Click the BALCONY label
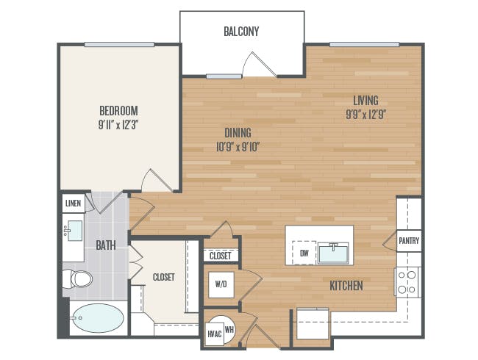click(x=241, y=32)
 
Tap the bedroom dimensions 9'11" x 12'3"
click(x=118, y=125)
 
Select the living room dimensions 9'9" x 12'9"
click(x=366, y=115)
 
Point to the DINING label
click(x=238, y=133)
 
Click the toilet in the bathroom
click(x=77, y=278)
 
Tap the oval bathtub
click(x=98, y=318)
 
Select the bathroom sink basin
click(x=75, y=231)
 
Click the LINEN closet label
click(x=73, y=204)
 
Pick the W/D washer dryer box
click(x=221, y=285)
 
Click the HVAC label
click(x=215, y=334)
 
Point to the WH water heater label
click(x=229, y=329)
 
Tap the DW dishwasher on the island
click(x=304, y=253)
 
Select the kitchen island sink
click(x=333, y=253)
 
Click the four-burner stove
click(x=407, y=281)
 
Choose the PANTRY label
click(x=409, y=240)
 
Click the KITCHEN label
click(x=346, y=286)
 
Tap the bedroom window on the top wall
click(x=119, y=45)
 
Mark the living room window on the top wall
click(x=365, y=45)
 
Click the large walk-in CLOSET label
click(x=164, y=277)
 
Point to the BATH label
click(x=106, y=245)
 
